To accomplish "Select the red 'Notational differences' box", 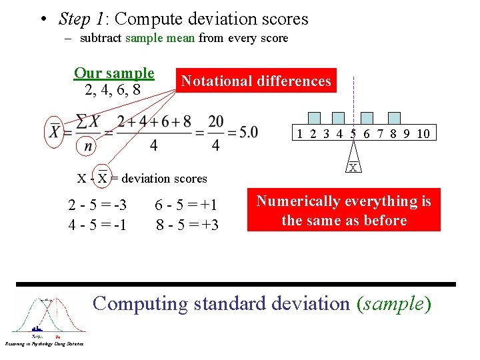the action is (x=256, y=81).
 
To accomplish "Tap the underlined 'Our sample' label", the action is (x=114, y=73).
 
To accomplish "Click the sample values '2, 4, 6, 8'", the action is (x=113, y=89).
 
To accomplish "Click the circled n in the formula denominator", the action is (x=87, y=145).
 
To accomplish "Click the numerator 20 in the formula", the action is (x=216, y=122).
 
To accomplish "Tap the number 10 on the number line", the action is (x=423, y=133).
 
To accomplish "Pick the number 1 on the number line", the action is (x=300, y=133).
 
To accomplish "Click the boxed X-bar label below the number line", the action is (x=353, y=167).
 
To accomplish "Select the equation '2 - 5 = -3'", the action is (x=97, y=205).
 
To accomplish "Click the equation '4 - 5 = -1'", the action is (x=97, y=225).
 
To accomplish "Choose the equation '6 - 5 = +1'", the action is (x=186, y=205).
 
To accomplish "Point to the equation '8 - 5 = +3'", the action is (x=187, y=225).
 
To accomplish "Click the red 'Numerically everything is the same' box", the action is (x=344, y=211).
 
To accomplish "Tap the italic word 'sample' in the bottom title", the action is (x=392, y=304).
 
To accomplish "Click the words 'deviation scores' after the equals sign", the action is (x=164, y=178).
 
